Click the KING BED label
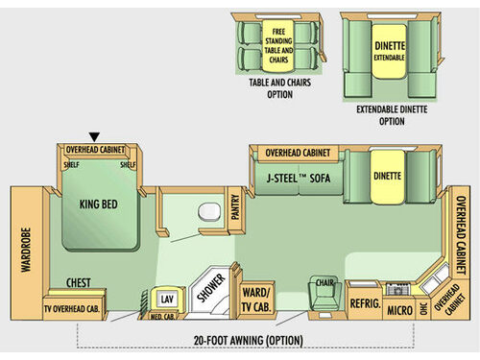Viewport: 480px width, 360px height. [98, 204]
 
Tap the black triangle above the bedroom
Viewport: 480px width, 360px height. [94, 136]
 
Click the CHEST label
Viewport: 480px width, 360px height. [79, 282]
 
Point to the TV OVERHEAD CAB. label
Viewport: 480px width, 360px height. [73, 306]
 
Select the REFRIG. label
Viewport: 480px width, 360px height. [365, 302]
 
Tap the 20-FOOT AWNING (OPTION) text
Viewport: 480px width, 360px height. [247, 339]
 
